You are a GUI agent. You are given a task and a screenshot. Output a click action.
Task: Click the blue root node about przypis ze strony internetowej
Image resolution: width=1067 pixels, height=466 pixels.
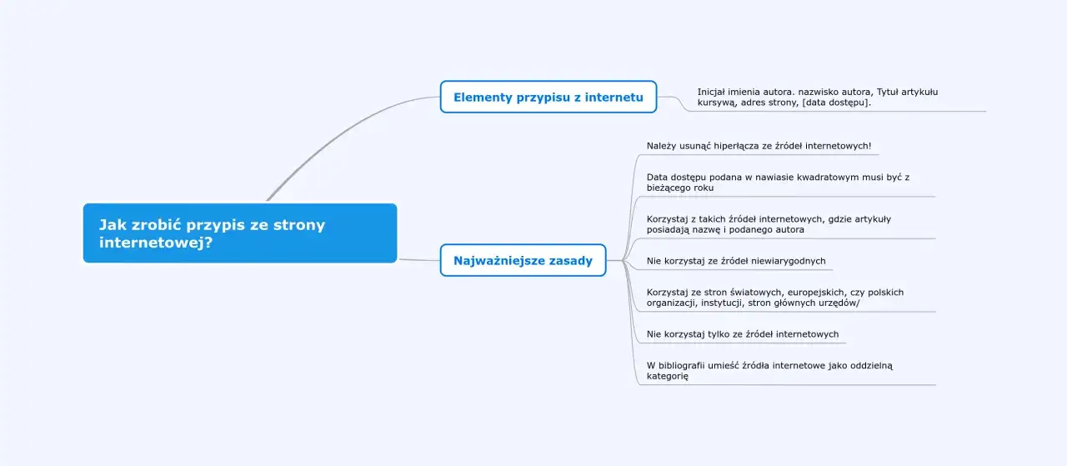click(239, 233)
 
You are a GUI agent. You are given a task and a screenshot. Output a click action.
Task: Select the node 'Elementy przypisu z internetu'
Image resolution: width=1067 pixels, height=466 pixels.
click(548, 98)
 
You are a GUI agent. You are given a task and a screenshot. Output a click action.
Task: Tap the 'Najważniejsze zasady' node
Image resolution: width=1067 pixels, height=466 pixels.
click(523, 260)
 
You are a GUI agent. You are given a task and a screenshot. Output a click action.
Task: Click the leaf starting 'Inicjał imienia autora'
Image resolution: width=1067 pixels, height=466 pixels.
click(817, 97)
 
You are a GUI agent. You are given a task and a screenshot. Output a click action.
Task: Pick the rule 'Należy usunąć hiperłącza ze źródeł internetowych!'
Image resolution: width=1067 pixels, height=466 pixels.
click(759, 146)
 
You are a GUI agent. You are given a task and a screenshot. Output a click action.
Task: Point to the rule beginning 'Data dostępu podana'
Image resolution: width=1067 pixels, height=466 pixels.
click(777, 182)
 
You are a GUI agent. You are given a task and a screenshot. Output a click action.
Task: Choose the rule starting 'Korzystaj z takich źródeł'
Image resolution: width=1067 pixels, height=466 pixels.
click(768, 223)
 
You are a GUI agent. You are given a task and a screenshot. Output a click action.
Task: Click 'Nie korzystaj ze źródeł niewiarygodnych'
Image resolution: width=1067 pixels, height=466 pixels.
click(736, 261)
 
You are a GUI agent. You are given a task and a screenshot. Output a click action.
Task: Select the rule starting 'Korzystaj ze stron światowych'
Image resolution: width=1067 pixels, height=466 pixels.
click(774, 298)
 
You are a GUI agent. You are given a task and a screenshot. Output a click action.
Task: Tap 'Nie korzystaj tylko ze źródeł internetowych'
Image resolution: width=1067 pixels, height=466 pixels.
click(743, 334)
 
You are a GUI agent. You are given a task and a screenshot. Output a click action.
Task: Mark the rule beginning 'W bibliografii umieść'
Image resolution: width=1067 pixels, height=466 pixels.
click(769, 370)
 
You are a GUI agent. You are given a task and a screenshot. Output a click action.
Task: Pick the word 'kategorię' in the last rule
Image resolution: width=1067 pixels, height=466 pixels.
click(668, 376)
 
